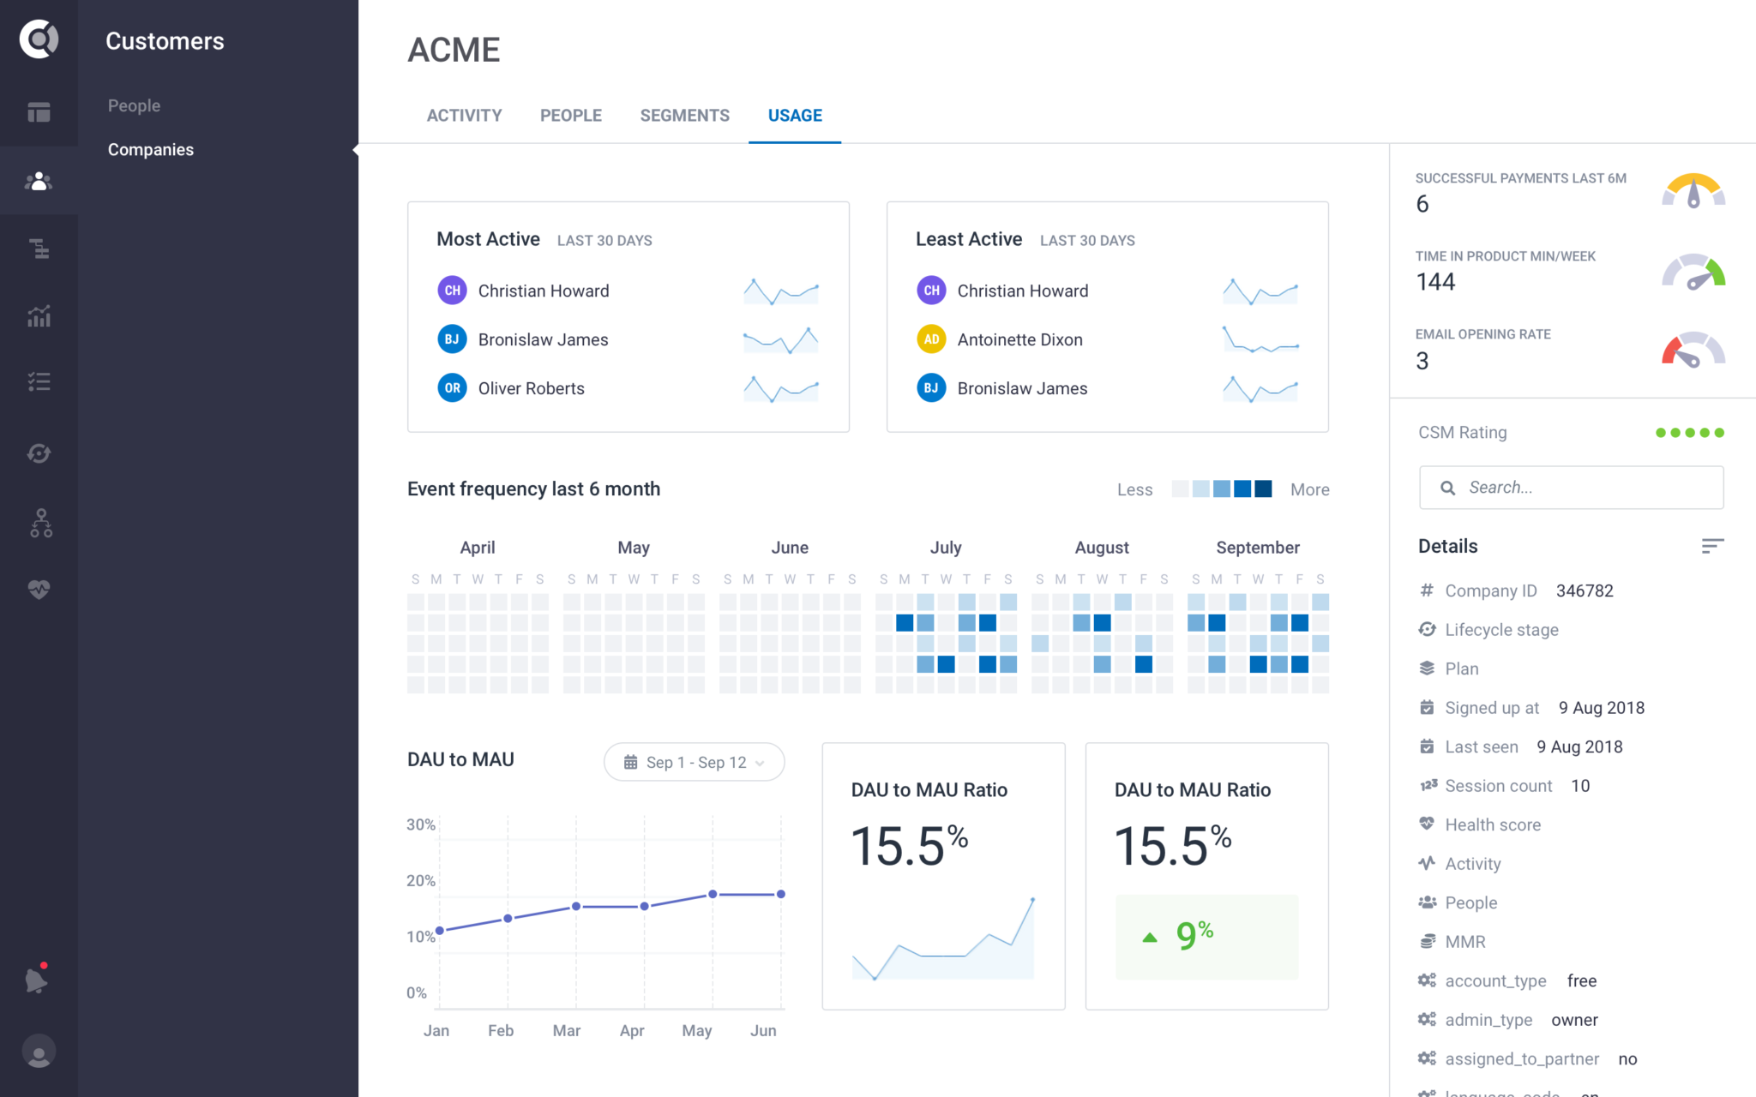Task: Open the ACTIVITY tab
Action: [464, 116]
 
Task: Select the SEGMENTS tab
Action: [684, 116]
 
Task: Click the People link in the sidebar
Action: [134, 105]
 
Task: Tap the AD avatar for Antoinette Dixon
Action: [931, 339]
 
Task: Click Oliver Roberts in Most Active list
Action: [531, 388]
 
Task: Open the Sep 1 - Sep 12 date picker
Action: [694, 762]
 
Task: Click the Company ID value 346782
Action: [1584, 590]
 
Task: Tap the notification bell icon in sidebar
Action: [37, 980]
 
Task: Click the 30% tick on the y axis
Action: [420, 824]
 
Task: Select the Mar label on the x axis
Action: [566, 1030]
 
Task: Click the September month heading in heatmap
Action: [1257, 548]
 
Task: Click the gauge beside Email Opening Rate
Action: [1693, 350]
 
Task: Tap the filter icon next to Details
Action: [1711, 546]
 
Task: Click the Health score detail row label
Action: [1492, 824]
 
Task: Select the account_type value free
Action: [1581, 980]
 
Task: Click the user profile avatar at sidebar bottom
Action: [39, 1052]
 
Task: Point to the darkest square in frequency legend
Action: [1263, 489]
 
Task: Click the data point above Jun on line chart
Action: [780, 894]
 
